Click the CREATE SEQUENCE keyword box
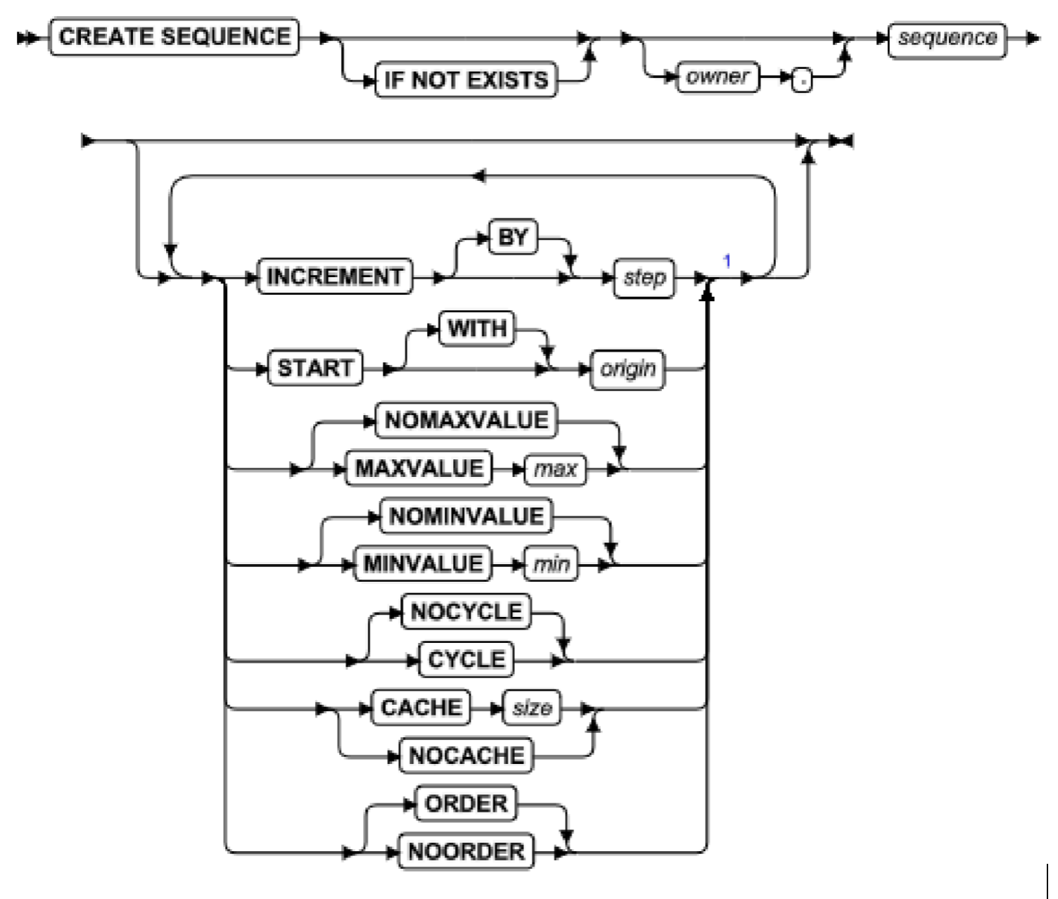coord(174,37)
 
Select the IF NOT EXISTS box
coord(466,79)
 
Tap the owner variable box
coord(717,77)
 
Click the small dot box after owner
coord(801,82)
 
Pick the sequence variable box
coord(947,38)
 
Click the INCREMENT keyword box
coord(335,276)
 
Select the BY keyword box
coord(513,238)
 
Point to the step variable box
coord(644,278)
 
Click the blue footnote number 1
coord(727,261)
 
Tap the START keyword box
coord(315,368)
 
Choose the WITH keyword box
coord(477,329)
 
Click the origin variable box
coord(627,369)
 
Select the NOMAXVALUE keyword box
coord(466,421)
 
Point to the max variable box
coord(555,469)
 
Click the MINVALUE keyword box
coord(423,564)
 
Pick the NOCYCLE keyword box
coord(466,612)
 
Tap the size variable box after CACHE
coord(532,708)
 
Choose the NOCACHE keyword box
coord(466,755)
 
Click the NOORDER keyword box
coord(466,852)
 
